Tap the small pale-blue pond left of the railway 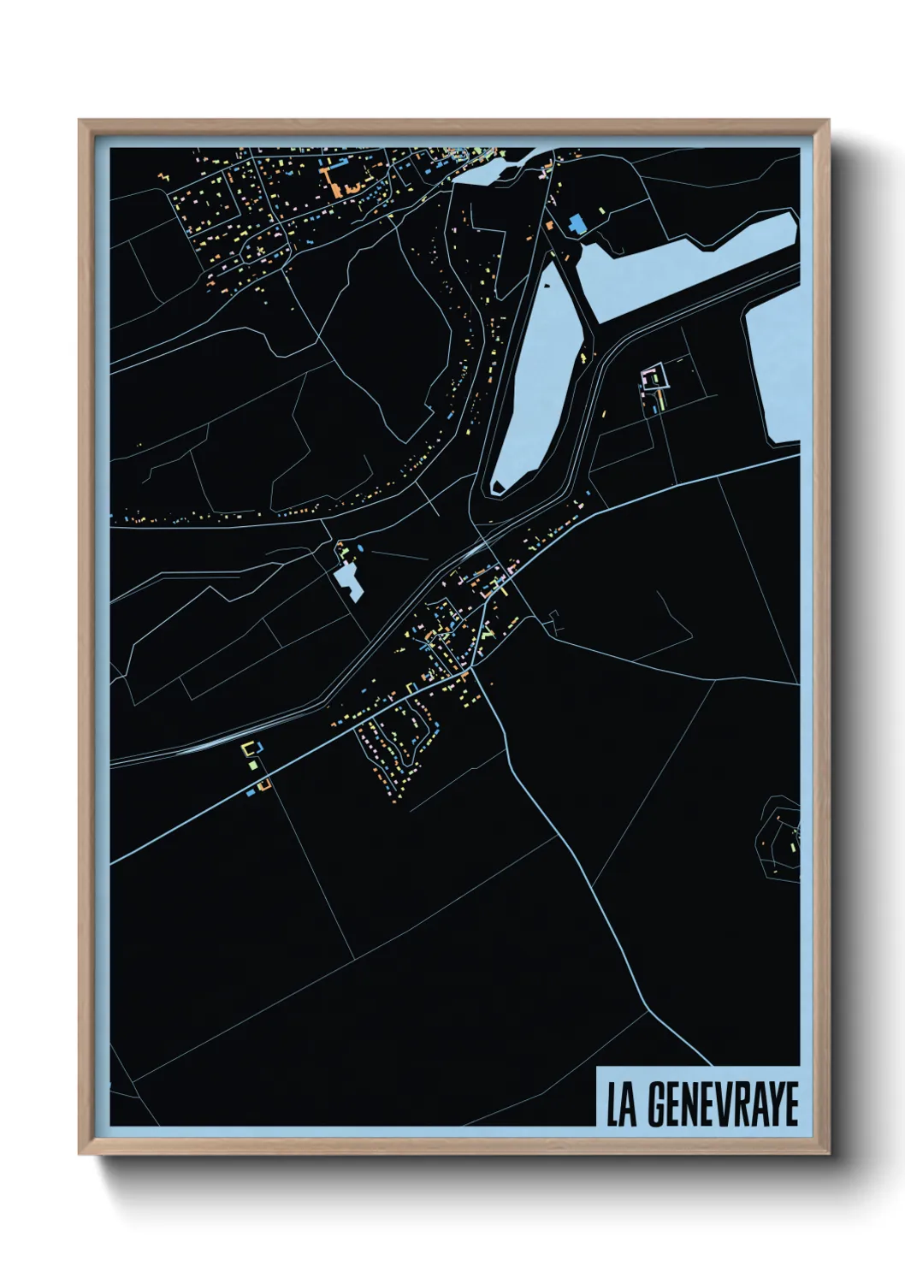348,582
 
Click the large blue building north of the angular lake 576,223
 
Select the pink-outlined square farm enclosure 656,376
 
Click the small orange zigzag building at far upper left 163,177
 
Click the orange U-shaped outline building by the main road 264,783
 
